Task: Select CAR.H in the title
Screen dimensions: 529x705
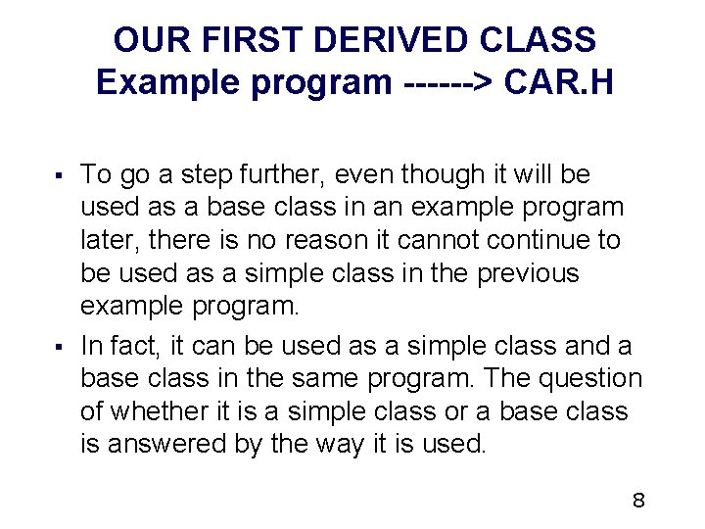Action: coord(559,82)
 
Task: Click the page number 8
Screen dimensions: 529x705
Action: coord(638,502)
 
